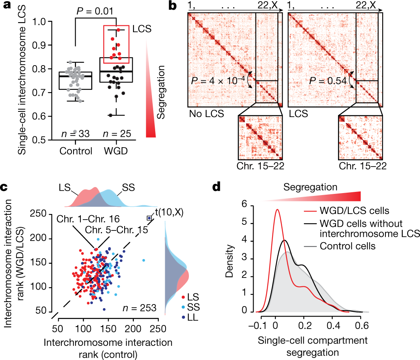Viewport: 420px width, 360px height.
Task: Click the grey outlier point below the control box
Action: coord(75,132)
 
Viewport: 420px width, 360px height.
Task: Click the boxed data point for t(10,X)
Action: coord(149,218)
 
